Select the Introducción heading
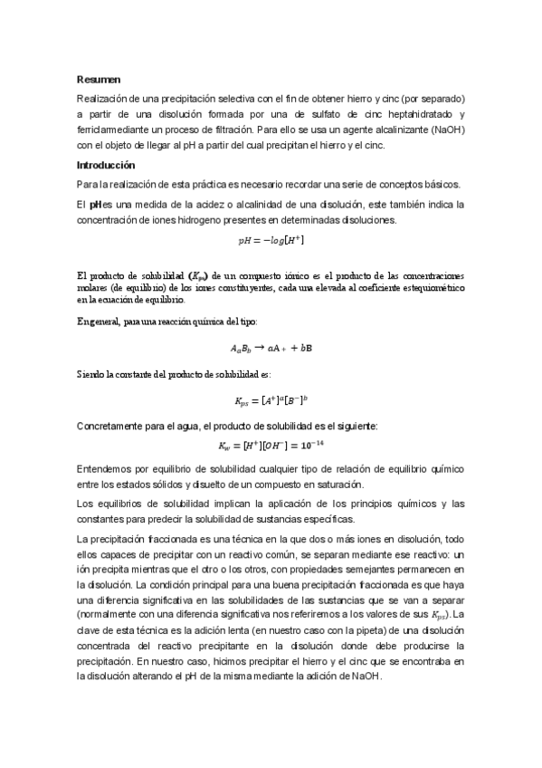pyautogui.click(x=105, y=166)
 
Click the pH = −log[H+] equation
pyautogui.click(x=271, y=241)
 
